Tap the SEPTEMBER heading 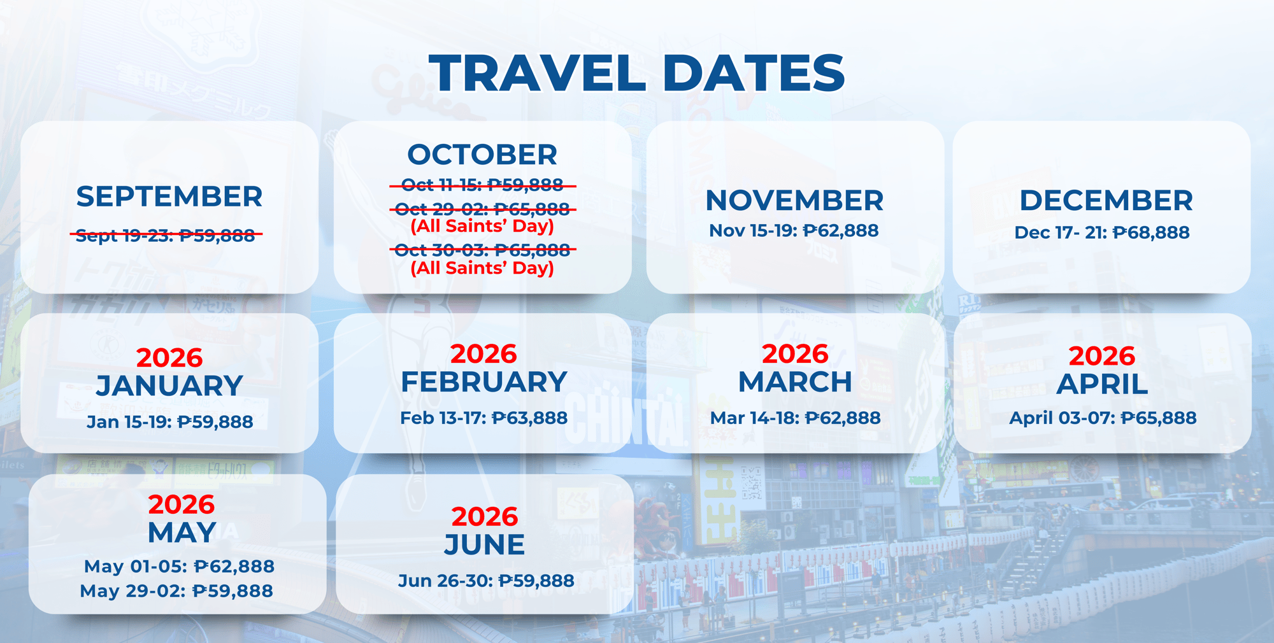(x=169, y=197)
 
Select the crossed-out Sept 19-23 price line (x=166, y=236)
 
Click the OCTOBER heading (x=482, y=155)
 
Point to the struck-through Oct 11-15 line (x=483, y=185)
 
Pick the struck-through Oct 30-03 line (x=483, y=250)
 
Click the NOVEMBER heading (x=794, y=201)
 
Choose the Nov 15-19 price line (x=794, y=230)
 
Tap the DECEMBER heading (x=1106, y=201)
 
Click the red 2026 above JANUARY (x=169, y=358)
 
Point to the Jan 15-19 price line (x=170, y=421)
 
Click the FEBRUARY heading (x=484, y=382)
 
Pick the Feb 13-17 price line (x=483, y=418)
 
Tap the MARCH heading (x=795, y=382)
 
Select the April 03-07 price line (x=1103, y=418)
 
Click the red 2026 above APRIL (x=1102, y=356)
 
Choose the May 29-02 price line (x=176, y=591)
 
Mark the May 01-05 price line (x=179, y=566)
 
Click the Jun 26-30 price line (x=486, y=581)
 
